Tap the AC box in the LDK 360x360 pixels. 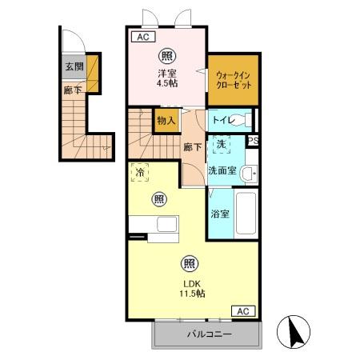point(244,311)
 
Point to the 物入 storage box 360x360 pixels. point(166,121)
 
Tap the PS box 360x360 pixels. point(253,142)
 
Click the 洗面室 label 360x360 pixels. point(222,170)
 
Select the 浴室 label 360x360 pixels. point(219,214)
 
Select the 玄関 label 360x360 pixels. point(74,66)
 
